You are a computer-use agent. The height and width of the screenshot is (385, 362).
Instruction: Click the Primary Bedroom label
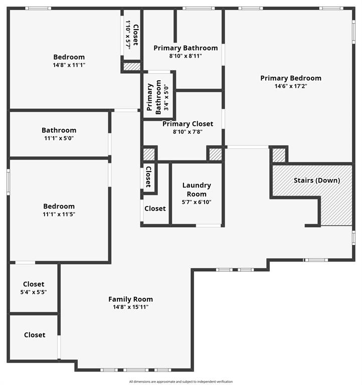click(x=291, y=78)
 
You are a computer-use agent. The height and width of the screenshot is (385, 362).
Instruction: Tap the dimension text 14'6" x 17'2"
click(x=291, y=86)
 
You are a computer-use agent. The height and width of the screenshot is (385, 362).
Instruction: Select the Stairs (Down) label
click(x=317, y=180)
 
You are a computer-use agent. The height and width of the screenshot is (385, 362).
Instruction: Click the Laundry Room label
click(x=197, y=189)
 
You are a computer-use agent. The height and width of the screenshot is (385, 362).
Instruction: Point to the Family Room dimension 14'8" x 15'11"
click(x=131, y=307)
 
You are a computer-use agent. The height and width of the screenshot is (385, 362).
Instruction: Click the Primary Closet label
click(x=188, y=124)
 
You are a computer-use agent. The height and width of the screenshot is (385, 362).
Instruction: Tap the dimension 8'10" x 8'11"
click(x=186, y=56)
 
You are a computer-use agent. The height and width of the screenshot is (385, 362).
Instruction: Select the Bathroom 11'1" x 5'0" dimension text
click(x=59, y=138)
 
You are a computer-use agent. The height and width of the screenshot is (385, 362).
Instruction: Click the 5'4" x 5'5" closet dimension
click(x=34, y=292)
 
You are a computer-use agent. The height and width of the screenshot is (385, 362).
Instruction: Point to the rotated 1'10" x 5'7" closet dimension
click(x=128, y=35)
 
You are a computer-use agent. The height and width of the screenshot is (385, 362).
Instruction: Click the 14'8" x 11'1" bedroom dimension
click(x=69, y=65)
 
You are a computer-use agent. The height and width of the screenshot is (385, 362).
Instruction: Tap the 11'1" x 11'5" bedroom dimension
click(x=59, y=215)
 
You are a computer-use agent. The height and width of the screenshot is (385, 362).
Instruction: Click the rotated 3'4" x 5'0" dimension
click(x=166, y=98)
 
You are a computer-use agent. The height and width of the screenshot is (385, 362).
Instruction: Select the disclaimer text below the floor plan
click(x=181, y=381)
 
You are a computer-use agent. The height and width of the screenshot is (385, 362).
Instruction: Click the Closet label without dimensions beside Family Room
click(x=35, y=335)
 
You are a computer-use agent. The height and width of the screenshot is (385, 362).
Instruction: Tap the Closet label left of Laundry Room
click(x=155, y=209)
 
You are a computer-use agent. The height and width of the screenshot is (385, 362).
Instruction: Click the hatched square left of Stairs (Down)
click(x=279, y=155)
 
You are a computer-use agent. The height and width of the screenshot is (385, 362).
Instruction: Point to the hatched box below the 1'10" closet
click(x=132, y=67)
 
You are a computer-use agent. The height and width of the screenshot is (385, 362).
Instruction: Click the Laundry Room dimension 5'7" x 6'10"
click(x=197, y=202)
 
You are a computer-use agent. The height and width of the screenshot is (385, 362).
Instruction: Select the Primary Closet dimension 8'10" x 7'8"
click(x=188, y=132)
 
